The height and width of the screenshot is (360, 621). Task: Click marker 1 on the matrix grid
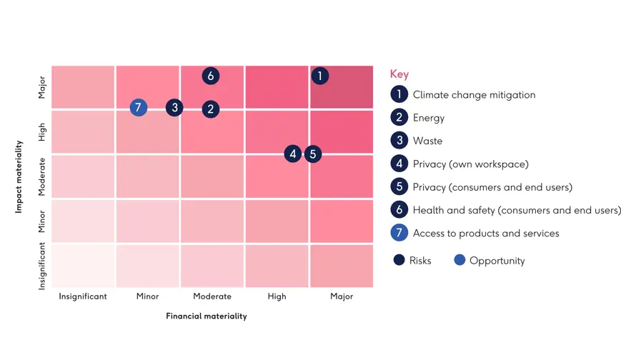point(320,76)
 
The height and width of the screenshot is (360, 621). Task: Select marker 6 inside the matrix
point(210,76)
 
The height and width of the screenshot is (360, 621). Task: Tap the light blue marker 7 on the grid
point(139,108)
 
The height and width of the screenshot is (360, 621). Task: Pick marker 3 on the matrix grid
point(174,108)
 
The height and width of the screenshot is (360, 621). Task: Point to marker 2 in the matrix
point(210,109)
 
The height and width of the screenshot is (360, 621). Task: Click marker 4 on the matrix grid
point(292,154)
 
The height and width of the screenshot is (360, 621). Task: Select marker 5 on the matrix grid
point(313,154)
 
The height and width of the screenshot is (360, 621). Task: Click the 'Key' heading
point(399,74)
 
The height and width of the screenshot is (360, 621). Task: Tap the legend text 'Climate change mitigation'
point(474,95)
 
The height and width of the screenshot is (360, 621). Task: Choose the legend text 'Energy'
point(429,118)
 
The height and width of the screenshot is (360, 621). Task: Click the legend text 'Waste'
point(427,141)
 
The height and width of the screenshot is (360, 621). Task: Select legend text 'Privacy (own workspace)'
point(470,164)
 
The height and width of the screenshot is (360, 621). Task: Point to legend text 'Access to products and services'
point(486,234)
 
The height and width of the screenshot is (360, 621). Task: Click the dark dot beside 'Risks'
point(399,260)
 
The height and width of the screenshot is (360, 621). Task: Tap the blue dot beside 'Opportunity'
point(459,260)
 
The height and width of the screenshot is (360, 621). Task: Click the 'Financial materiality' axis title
point(207,316)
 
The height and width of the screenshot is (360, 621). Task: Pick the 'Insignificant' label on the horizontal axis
point(83,296)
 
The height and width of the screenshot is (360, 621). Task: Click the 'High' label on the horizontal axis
point(277,296)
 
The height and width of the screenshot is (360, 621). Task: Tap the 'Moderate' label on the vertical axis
point(41,177)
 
